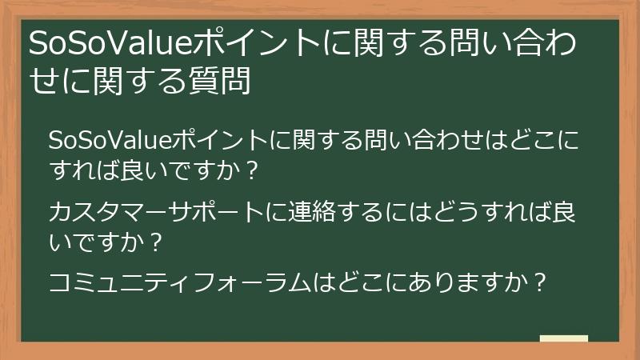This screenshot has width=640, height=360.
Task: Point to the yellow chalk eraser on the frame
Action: coord(563,338)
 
